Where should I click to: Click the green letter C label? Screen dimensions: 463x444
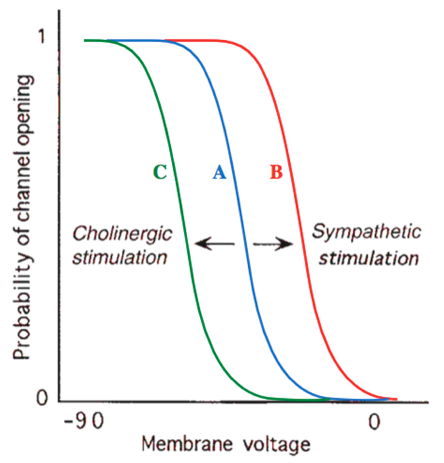(160, 172)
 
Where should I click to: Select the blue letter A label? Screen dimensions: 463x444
(219, 172)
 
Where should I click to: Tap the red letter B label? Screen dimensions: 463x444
(276, 172)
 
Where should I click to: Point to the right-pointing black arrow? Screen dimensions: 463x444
(273, 244)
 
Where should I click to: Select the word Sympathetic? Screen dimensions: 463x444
(367, 231)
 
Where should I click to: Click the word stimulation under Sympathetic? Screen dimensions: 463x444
(369, 259)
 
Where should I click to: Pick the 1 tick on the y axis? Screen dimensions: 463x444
(42, 36)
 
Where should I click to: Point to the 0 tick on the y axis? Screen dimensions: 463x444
(42, 398)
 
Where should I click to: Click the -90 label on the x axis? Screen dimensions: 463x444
(84, 422)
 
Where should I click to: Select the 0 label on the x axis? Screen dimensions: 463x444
(374, 422)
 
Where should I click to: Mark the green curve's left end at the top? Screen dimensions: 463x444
(85, 41)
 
